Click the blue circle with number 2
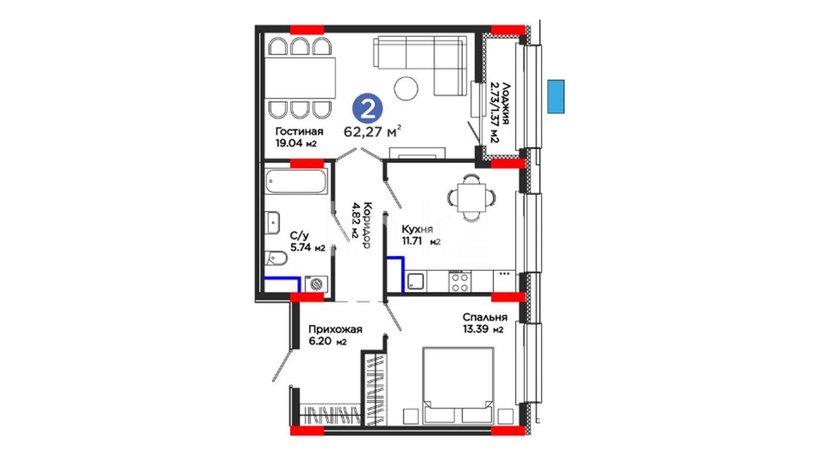(368, 109)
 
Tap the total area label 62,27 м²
(372, 132)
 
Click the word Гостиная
(299, 131)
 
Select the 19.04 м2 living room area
(296, 143)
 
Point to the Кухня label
(417, 229)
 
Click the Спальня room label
(485, 317)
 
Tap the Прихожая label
(335, 329)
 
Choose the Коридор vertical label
(368, 225)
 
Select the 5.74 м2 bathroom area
(308, 247)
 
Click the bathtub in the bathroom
(296, 181)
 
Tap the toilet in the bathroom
(276, 258)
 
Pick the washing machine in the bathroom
(316, 284)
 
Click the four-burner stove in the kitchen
(460, 282)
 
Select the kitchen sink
(416, 281)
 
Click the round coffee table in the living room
(406, 88)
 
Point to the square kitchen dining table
(471, 198)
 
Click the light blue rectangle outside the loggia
(556, 96)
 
